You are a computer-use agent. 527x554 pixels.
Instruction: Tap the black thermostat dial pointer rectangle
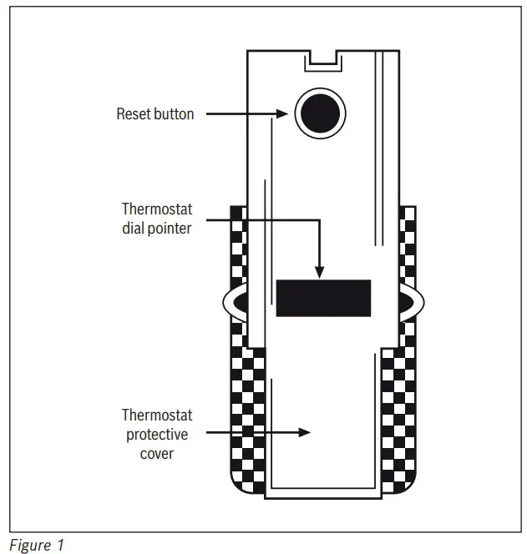point(323,298)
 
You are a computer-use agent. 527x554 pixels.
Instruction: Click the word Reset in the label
point(133,113)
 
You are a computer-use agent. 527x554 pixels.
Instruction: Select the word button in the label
point(174,113)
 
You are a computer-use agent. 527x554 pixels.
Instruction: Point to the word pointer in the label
point(170,227)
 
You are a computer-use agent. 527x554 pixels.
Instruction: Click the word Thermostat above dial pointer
point(157,208)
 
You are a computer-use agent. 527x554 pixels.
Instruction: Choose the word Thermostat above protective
point(157,415)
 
